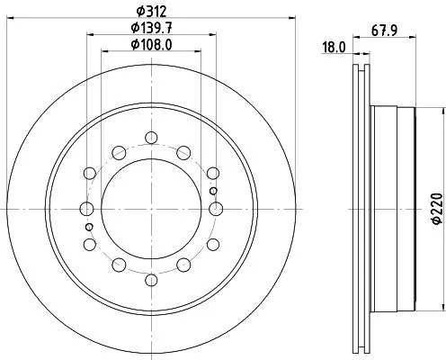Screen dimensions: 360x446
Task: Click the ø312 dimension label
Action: pyautogui.click(x=150, y=12)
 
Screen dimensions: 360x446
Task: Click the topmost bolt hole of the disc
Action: pyautogui.click(x=151, y=138)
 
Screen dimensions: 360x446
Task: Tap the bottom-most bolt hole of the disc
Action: pyautogui.click(x=151, y=279)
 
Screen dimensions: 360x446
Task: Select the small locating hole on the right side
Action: pyautogui.click(x=212, y=191)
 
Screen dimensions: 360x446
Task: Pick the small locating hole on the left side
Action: pyautogui.click(x=90, y=227)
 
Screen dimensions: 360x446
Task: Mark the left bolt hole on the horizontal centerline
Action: pyautogui.click(x=87, y=209)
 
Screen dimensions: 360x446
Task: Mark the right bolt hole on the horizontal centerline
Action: pyautogui.click(x=215, y=209)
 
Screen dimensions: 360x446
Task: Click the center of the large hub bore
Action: pyautogui.click(x=151, y=209)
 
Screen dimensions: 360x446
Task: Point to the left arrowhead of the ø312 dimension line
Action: pyautogui.click(x=11, y=20)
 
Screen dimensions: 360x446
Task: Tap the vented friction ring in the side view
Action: pyautogui.click(x=361, y=209)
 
